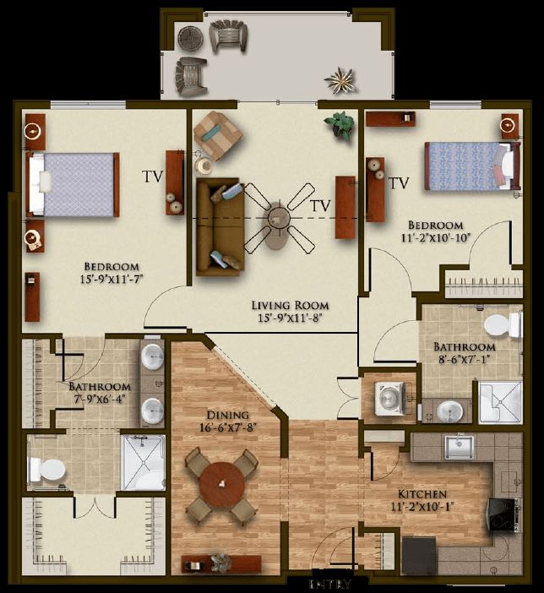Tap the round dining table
[221, 486]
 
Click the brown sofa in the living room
[217, 226]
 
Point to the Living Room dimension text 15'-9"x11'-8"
[290, 318]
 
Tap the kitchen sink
[460, 446]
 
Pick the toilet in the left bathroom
[47, 466]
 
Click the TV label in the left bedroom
[152, 177]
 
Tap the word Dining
[227, 415]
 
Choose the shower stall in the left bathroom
[143, 463]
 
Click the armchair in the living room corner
[216, 133]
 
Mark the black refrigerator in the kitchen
[418, 555]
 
